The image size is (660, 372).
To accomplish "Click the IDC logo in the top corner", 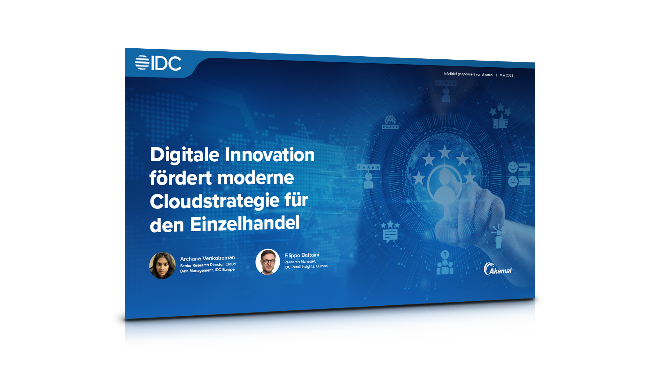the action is [158, 63].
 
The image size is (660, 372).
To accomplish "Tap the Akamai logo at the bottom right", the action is [497, 269].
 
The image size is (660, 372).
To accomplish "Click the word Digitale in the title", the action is [185, 155].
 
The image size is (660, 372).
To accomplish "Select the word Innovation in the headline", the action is [269, 154].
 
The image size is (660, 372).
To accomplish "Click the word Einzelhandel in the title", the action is [245, 224].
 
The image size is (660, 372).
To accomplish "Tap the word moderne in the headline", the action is [255, 178].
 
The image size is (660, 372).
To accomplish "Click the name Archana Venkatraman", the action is [207, 258].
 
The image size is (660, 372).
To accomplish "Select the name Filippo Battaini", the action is [302, 255].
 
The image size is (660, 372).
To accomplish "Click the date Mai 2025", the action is [506, 75].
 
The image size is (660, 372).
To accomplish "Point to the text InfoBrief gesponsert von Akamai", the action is [468, 74].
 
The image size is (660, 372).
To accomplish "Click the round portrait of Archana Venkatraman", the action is [162, 265].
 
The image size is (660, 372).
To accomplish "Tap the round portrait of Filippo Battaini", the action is [268, 262].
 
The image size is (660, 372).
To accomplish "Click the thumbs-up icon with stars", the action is [500, 116].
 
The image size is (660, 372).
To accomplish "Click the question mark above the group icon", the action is [445, 255].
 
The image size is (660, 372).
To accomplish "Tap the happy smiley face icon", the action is [513, 167].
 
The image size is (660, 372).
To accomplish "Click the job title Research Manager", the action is [300, 262].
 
